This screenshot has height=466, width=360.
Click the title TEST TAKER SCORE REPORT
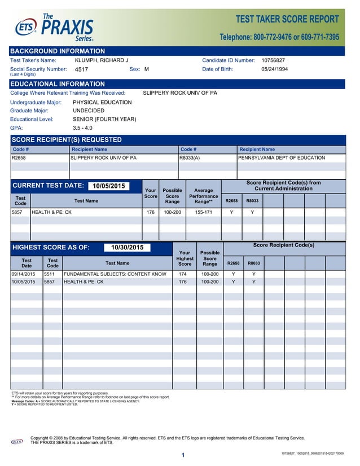tap(287, 19)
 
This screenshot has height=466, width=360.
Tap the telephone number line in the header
tap(279, 37)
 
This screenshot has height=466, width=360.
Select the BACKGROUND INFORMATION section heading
tap(58, 51)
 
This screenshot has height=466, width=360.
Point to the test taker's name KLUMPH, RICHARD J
tap(102, 60)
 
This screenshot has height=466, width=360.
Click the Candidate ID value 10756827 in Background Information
tap(273, 60)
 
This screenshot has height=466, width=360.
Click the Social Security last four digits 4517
tap(82, 70)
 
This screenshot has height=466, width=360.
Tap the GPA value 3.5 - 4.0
tap(82, 128)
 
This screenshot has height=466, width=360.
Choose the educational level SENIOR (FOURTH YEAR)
tap(104, 120)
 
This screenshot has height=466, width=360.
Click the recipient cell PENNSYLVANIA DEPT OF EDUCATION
tap(282, 158)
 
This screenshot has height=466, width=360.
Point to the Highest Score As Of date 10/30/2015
tap(127, 248)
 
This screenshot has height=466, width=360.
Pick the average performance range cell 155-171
tap(204, 213)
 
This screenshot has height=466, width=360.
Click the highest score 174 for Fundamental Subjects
tap(183, 274)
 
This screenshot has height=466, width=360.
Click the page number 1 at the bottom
tap(183, 455)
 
